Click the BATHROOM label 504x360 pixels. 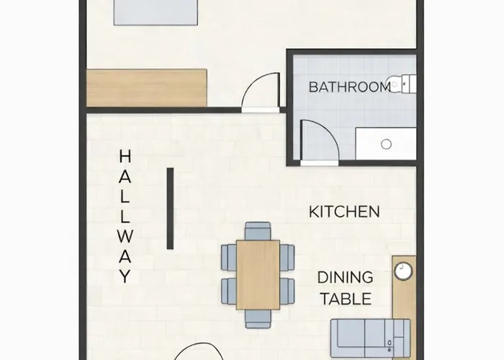point(350,87)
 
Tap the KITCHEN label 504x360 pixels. point(344,212)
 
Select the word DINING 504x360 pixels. point(345,277)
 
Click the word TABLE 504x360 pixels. point(346,299)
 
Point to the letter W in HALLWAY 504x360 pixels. point(125,236)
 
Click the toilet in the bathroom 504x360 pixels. point(402,84)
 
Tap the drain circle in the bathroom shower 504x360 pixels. point(387,144)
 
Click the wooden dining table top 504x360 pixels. point(258,275)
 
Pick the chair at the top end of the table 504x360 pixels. point(258,231)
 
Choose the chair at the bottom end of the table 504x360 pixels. point(258,319)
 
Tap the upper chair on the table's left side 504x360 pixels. point(229,258)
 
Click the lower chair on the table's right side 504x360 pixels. point(287,291)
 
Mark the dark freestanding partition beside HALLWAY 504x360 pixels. point(171,208)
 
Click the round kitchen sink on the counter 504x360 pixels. point(403,271)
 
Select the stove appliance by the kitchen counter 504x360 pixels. point(371,338)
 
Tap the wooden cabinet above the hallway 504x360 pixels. point(147,88)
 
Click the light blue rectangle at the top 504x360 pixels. point(156,12)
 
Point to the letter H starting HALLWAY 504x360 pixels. point(125,156)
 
